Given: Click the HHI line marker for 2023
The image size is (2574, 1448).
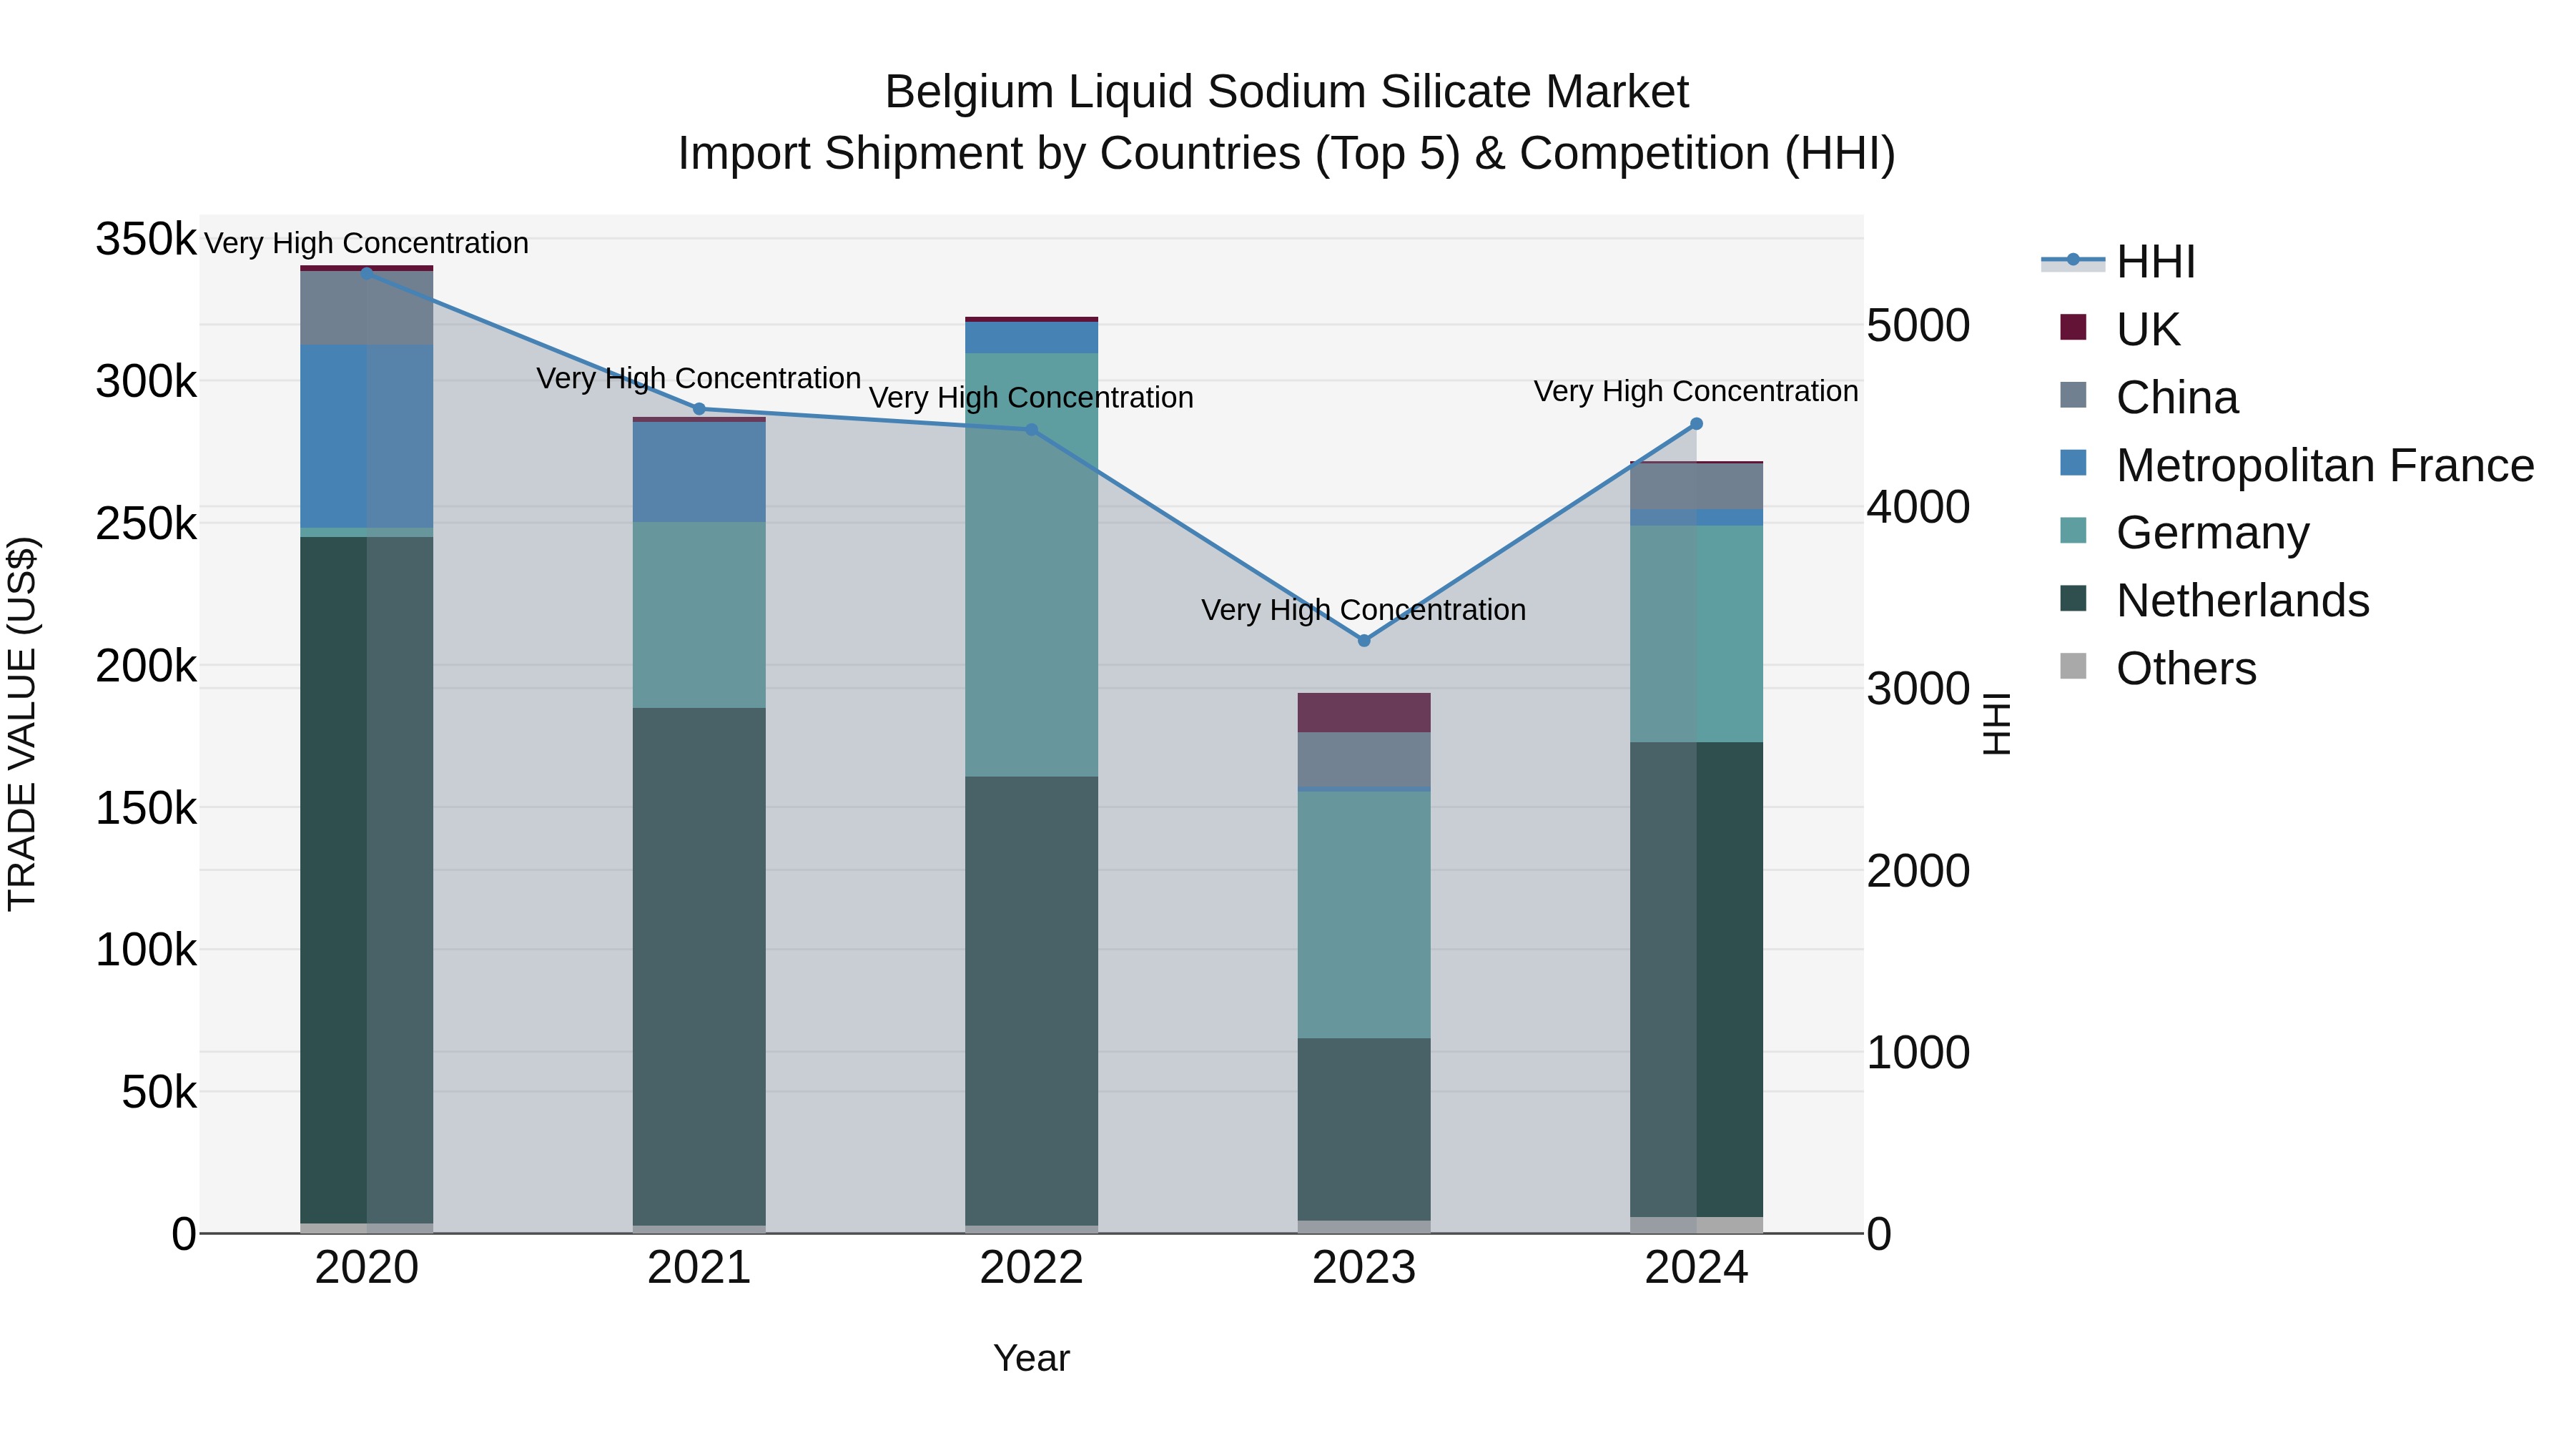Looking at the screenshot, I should pos(1364,641).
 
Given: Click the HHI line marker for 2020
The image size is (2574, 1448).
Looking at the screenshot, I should pos(367,272).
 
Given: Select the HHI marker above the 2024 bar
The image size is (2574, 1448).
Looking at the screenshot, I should pos(1696,424).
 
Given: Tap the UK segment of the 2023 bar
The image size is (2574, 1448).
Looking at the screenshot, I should pos(1364,712).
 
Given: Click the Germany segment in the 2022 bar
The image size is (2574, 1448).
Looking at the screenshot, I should pos(1031,565).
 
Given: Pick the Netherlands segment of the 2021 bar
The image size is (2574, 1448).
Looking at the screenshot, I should pos(699,966).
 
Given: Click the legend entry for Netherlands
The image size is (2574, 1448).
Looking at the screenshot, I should pos(2242,601).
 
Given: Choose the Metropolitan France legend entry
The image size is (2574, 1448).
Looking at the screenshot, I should pos(2324,466).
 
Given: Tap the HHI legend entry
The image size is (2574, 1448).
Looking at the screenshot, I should pos(2155,262).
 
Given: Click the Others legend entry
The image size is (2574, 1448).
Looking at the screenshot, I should pos(2185,669).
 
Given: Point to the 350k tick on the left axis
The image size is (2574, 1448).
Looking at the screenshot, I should pos(146,240).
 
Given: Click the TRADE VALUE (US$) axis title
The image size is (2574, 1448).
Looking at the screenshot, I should pos(22,724).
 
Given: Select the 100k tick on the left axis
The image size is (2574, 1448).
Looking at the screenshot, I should pos(146,950).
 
